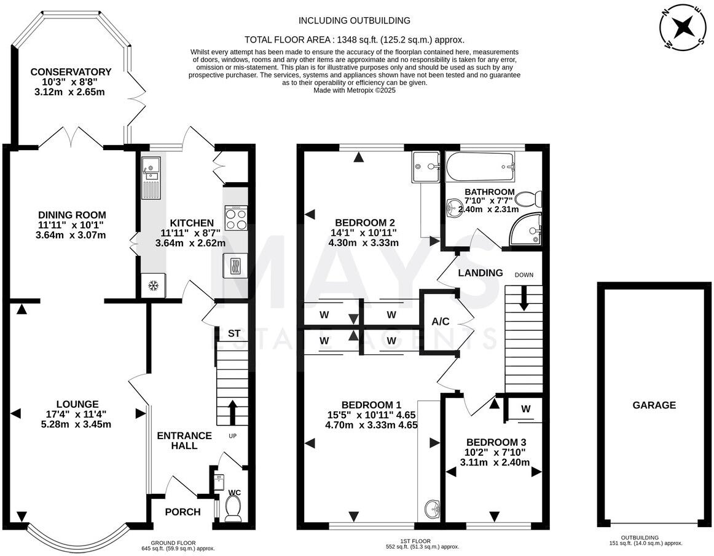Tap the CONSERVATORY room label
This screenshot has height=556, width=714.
tap(71, 72)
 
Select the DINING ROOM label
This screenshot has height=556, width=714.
tap(72, 215)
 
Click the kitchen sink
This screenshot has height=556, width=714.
tap(151, 175)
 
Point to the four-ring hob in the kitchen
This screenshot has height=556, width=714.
tap(236, 218)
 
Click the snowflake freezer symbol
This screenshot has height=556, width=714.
tap(154, 286)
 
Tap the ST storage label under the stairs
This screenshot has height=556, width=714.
tap(233, 333)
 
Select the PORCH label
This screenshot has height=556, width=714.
tap(183, 512)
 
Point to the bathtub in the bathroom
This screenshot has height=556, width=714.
tap(481, 164)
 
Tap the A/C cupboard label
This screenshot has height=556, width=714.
tap(441, 322)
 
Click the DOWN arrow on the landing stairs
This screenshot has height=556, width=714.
tap(524, 298)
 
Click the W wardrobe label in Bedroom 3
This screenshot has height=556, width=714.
tap(526, 408)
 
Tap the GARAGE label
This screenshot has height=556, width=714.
tap(654, 405)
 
